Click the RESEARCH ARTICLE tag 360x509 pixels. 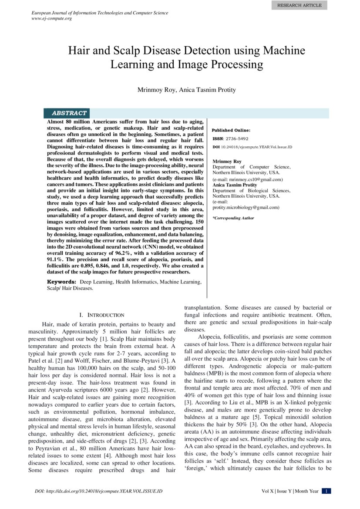click(299, 5)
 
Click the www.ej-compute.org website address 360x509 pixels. click(52, 19)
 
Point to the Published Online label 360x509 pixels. click(231, 130)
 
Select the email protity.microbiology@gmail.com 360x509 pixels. click(246, 208)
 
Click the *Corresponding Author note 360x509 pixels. click(233, 218)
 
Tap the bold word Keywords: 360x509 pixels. click(61, 282)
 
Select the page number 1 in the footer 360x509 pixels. click(326, 491)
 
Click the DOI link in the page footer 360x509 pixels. click(98, 491)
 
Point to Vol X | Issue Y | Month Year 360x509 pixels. click(290, 491)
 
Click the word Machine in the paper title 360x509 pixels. click(283, 51)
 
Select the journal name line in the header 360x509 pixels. click(100, 13)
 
